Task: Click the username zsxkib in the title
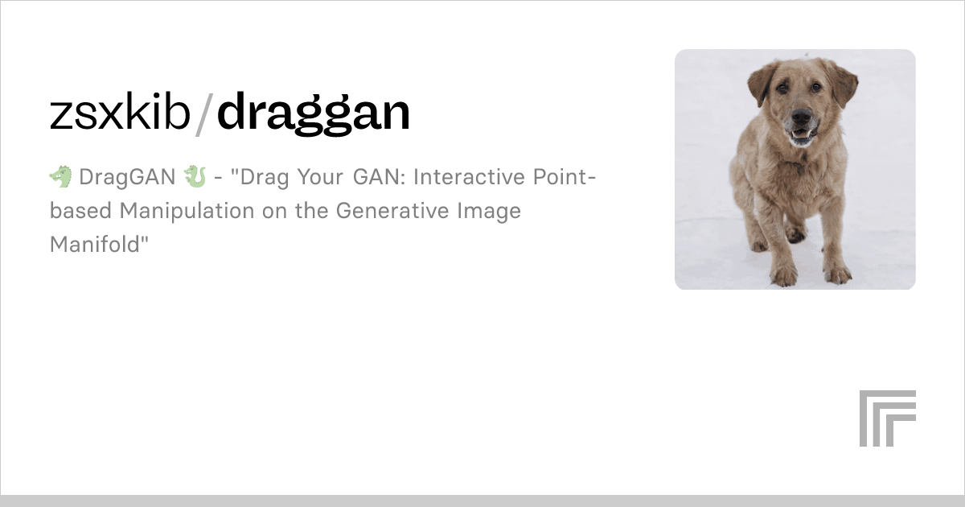(120, 112)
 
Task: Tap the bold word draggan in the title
(313, 113)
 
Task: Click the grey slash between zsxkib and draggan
(204, 114)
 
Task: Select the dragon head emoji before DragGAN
(61, 177)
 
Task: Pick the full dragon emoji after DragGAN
(195, 177)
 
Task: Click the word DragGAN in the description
(127, 177)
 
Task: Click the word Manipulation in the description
(187, 211)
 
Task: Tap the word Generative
(392, 210)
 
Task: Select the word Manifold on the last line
(95, 244)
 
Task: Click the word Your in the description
(321, 177)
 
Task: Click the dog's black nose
(802, 115)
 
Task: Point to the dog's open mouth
(802, 134)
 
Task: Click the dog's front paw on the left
(783, 275)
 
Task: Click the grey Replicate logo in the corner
(888, 418)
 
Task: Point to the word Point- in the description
(565, 176)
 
